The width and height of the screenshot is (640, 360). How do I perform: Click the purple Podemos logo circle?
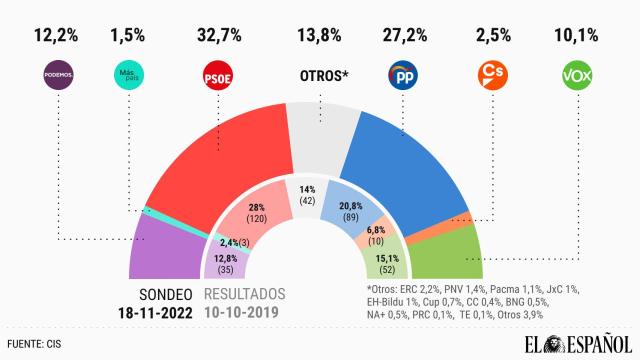pos(58,75)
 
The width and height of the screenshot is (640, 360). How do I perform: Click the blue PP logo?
pos(404,75)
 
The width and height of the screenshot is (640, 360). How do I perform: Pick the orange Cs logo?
pos(491,75)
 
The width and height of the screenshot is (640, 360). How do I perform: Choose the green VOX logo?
pos(579,75)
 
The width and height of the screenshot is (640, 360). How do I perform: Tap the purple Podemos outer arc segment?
pos(155,250)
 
